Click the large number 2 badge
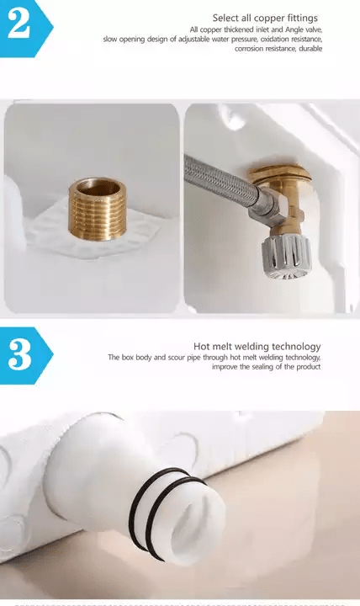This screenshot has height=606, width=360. pyautogui.click(x=25, y=28)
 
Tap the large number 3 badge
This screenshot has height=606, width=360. pyautogui.click(x=25, y=355)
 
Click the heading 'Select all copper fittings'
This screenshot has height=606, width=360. pyautogui.click(x=265, y=19)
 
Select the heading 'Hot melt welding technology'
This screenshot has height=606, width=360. pyautogui.click(x=257, y=346)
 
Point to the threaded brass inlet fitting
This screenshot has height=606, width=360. pyautogui.click(x=98, y=209)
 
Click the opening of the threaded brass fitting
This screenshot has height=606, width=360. pyautogui.click(x=98, y=189)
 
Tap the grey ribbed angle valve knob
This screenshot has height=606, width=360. pyautogui.click(x=287, y=256)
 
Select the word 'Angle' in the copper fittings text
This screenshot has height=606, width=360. pyautogui.click(x=294, y=29)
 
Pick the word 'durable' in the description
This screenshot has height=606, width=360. pyautogui.click(x=310, y=49)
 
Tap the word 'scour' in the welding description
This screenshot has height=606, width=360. pyautogui.click(x=177, y=358)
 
